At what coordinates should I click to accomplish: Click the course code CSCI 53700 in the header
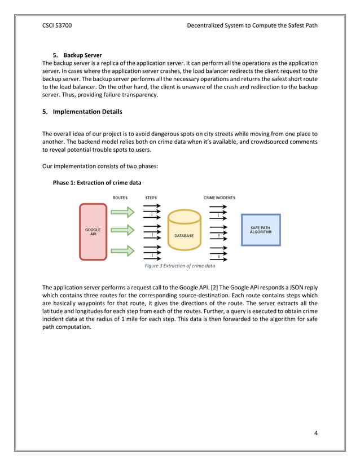coord(57,25)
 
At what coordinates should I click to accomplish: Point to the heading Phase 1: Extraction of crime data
coord(96,183)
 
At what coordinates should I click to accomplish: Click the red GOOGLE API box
coord(93,232)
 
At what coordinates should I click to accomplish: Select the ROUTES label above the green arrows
coord(120,198)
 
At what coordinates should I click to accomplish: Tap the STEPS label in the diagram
coord(151,198)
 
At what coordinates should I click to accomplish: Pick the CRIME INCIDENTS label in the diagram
coord(219,198)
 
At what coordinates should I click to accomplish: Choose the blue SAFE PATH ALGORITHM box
coord(260,230)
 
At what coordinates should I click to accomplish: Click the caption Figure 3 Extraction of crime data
coord(180,265)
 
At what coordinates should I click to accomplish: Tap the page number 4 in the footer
coord(316,433)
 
